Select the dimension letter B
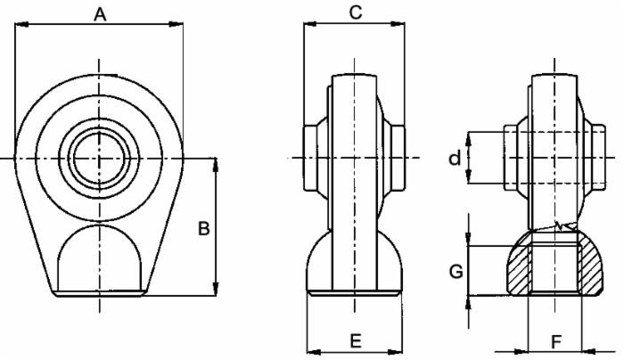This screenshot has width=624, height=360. [203, 229]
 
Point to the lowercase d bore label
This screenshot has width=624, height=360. [455, 159]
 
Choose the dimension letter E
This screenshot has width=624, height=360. [354, 340]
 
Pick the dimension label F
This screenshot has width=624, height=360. [554, 340]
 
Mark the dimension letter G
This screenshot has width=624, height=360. [456, 272]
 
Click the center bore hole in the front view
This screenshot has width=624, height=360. [99, 158]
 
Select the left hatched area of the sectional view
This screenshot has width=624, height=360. [516, 271]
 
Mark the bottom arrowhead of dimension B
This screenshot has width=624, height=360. [215, 290]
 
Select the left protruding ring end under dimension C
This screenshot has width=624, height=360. [310, 158]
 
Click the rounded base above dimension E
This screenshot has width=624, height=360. [353, 263]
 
